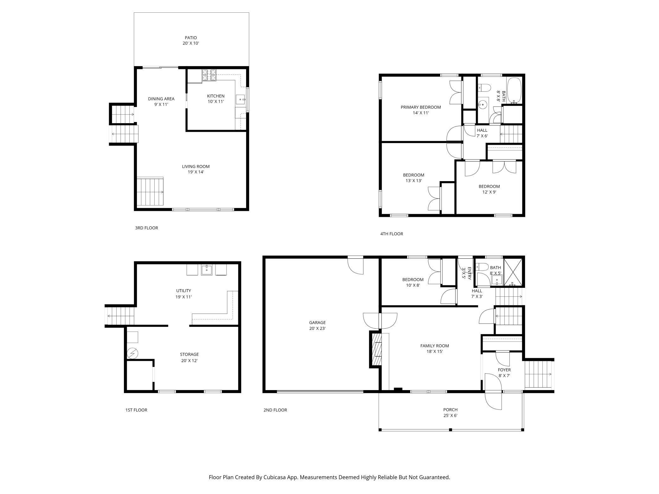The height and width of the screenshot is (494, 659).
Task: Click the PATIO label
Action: (191, 38)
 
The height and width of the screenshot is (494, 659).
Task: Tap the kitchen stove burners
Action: (209, 75)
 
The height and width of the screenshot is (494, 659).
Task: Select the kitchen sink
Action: (241, 99)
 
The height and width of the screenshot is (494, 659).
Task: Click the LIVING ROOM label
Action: (196, 167)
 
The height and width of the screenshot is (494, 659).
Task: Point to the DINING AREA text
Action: (161, 99)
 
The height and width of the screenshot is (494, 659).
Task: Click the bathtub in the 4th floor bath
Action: (514, 91)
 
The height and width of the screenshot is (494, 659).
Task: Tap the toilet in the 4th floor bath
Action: (484, 87)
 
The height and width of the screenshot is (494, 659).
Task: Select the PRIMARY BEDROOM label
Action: (421, 107)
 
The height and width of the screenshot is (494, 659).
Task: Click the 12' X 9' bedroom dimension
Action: (489, 192)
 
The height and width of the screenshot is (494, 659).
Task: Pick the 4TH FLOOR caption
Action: (392, 234)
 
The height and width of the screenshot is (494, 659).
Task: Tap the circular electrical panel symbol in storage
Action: (132, 353)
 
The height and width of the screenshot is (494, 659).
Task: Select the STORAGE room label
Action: (189, 354)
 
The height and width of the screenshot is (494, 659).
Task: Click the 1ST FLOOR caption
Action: (136, 410)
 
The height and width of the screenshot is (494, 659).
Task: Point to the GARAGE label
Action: (317, 323)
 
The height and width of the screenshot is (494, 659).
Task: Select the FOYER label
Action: (504, 370)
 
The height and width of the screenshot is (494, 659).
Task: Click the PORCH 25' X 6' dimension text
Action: (450, 415)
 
